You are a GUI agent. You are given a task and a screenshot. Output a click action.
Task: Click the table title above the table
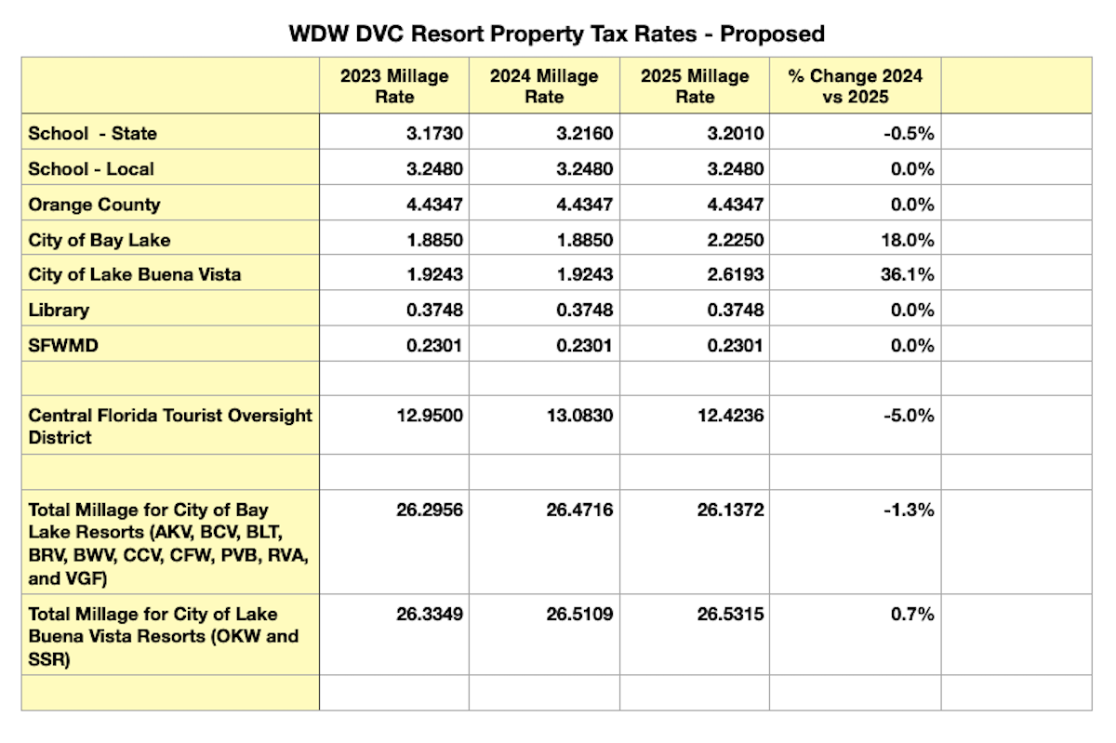click(557, 34)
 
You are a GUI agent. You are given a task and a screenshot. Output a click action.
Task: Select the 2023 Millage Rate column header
click(394, 86)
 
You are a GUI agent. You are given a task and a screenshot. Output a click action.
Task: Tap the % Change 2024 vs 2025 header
click(855, 86)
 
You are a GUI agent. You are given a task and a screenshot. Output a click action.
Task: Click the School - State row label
click(93, 133)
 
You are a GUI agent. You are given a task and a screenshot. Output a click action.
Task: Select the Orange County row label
click(95, 205)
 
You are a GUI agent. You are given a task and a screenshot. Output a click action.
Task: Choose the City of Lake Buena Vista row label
click(134, 275)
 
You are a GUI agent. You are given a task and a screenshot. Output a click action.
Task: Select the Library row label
click(60, 311)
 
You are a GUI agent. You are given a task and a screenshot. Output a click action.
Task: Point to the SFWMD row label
click(63, 346)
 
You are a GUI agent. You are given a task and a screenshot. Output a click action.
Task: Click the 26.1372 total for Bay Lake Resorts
click(730, 511)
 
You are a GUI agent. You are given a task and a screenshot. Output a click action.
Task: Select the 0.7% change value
click(914, 614)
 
